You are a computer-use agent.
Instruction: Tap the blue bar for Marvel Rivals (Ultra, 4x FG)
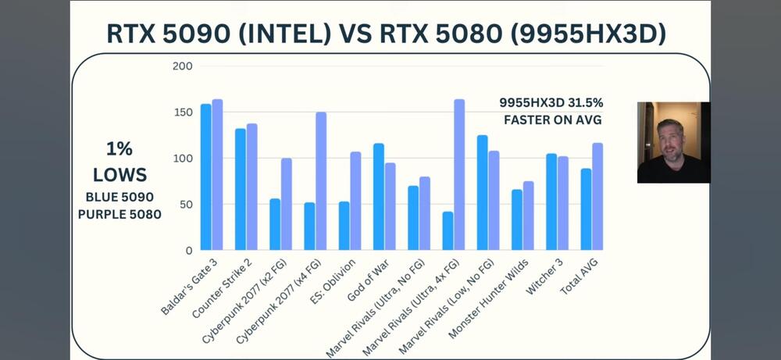pos(448,231)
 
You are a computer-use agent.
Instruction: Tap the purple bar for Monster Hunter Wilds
pos(528,216)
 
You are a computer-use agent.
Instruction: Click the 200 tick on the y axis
pos(181,66)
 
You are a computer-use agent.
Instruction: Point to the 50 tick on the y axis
pos(184,205)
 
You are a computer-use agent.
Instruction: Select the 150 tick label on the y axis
pos(181,112)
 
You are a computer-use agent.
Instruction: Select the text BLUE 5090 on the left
pos(119,197)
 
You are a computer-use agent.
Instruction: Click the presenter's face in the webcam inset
pos(669,140)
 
